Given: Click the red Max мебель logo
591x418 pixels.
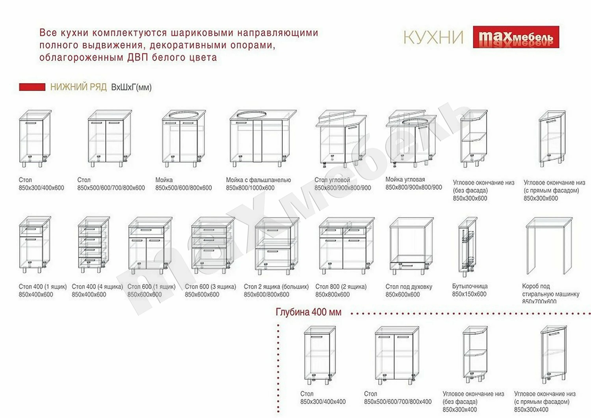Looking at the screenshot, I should coord(516,37).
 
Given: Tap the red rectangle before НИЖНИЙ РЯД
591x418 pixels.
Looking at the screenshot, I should coord(32,87).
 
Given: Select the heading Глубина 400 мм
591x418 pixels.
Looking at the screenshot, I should coord(308,312).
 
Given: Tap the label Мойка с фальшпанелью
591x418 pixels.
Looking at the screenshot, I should coord(258,180).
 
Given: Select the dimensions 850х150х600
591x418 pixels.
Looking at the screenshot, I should coord(469,294).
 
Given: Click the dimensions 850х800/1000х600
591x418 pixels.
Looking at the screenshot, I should coord(250,188).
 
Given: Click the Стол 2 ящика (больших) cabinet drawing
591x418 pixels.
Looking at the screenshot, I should coord(276,246).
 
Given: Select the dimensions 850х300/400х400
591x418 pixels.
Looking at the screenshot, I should coord(323,401).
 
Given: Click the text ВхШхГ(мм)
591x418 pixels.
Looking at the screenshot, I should coord(131,87).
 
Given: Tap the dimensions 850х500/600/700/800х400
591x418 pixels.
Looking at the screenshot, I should coord(398,401).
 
